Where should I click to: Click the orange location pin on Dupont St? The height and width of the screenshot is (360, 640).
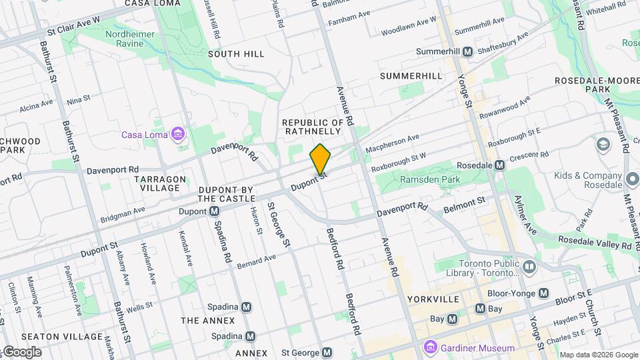coord(321,159)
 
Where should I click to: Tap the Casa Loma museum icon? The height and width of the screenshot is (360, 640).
coord(177,135)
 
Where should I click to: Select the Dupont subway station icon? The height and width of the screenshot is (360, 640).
coord(215,211)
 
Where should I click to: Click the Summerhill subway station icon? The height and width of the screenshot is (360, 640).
coord(468,51)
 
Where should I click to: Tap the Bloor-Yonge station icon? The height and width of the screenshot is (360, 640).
coord(544,293)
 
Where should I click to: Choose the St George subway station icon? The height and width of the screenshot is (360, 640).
coord(327,352)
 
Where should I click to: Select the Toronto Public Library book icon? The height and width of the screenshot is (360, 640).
coord(529,267)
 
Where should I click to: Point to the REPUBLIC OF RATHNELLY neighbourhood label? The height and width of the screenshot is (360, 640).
coord(313,127)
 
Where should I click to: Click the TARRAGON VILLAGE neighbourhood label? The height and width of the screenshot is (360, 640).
coord(157,183)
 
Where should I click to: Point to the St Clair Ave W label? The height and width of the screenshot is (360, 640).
coord(73,25)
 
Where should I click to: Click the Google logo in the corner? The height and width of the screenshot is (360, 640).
coord(21,351)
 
